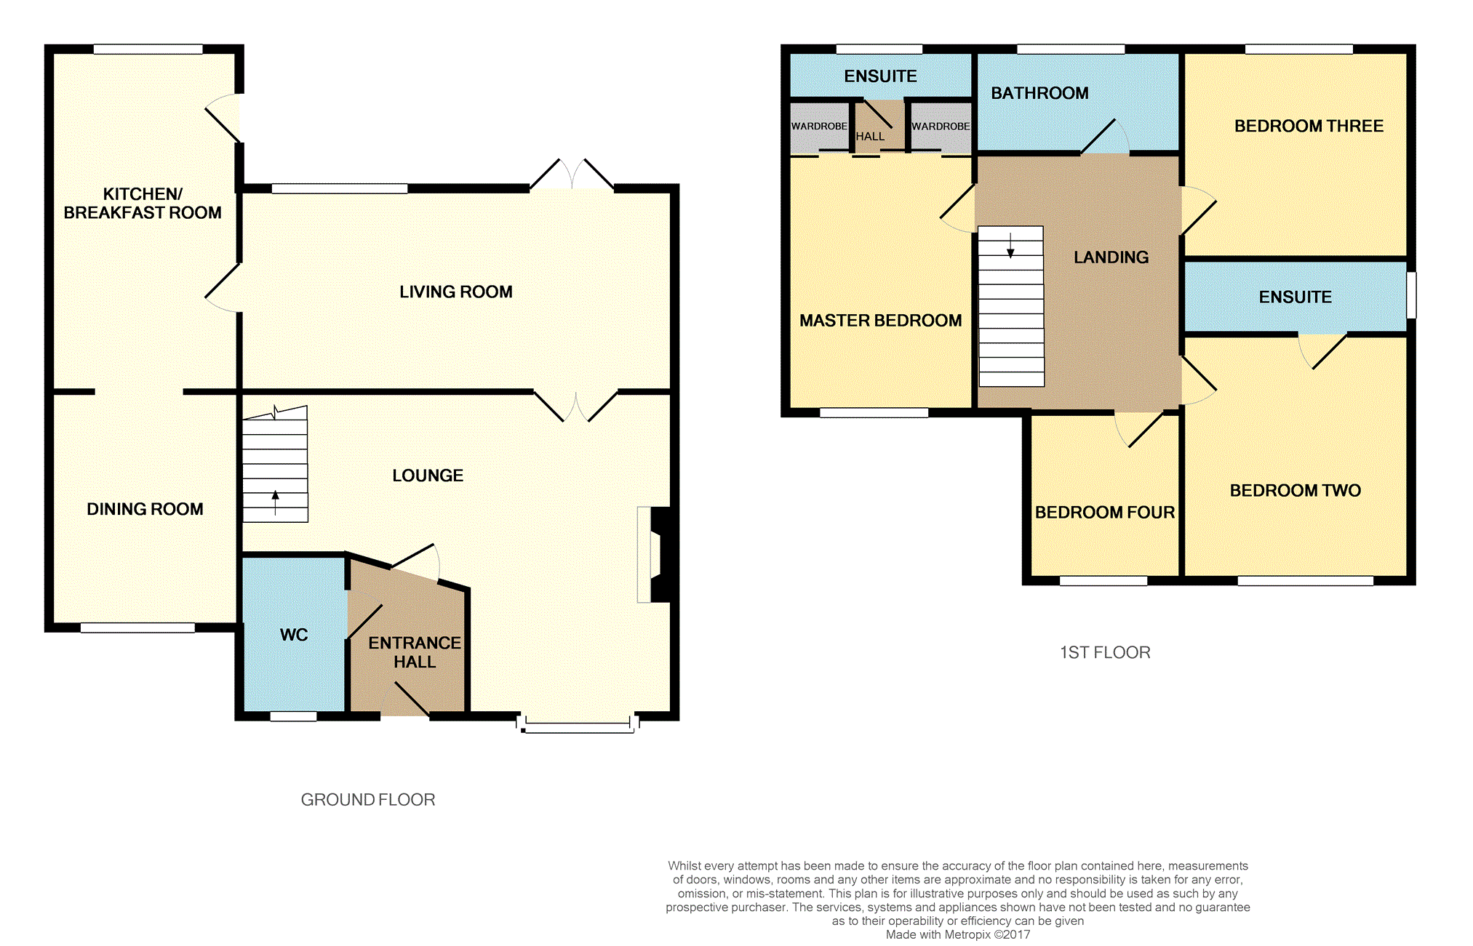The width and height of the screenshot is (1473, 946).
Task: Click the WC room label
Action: (x=294, y=635)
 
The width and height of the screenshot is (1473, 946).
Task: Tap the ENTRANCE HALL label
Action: (x=414, y=652)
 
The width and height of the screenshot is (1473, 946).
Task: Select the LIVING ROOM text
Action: (x=455, y=292)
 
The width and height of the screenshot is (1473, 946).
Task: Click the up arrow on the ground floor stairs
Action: (x=275, y=501)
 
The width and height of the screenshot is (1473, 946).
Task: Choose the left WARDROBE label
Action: (x=819, y=127)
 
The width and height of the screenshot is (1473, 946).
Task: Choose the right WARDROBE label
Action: (x=941, y=127)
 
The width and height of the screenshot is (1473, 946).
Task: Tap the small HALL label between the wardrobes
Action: (x=870, y=137)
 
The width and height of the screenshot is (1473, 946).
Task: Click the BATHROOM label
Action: (x=1039, y=93)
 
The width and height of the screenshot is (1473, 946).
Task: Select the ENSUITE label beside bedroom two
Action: (x=1295, y=297)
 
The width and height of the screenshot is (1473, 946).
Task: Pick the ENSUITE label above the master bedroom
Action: (x=880, y=76)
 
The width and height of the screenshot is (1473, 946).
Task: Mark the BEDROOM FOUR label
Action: (x=1104, y=513)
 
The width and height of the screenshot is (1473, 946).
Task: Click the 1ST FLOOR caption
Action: (x=1104, y=652)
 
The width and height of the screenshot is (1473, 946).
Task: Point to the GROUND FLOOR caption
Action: (x=367, y=800)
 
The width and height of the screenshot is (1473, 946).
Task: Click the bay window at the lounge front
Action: (x=578, y=726)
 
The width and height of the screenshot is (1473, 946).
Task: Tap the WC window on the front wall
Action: (x=293, y=716)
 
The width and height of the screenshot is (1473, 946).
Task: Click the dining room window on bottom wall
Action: (x=137, y=628)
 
